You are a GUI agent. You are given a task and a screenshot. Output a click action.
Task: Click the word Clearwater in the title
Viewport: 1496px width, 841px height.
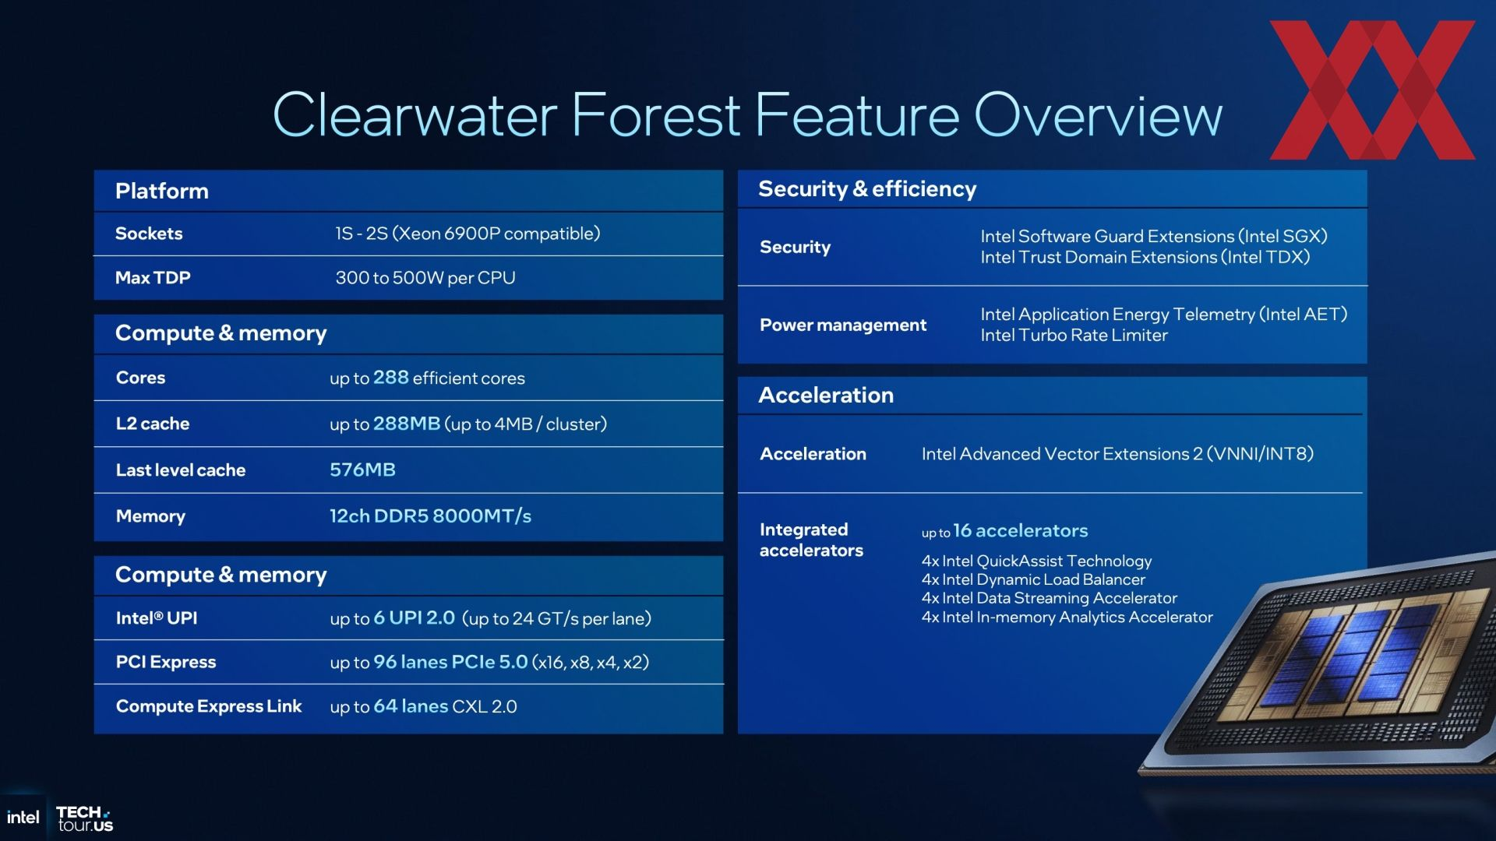(x=415, y=115)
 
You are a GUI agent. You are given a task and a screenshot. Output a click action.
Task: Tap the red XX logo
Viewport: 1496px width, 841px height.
(x=1372, y=90)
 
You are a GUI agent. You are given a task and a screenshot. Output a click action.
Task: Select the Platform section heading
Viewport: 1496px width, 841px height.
(x=162, y=192)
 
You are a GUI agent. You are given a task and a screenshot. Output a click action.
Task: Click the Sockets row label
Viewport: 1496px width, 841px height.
(x=149, y=234)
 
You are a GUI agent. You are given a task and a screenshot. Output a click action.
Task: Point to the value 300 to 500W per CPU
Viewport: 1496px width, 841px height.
(x=425, y=278)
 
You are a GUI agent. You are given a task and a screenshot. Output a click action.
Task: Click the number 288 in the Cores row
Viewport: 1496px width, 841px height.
(x=391, y=378)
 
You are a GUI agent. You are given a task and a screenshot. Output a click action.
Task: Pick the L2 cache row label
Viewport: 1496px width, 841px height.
(x=153, y=424)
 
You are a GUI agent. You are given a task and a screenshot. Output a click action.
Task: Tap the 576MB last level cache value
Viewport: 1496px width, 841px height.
(x=362, y=470)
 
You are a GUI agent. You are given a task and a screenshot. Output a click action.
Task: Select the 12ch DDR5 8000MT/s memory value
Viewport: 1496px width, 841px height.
(x=430, y=516)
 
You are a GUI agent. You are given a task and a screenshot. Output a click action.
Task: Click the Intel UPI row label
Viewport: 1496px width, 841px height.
(x=157, y=618)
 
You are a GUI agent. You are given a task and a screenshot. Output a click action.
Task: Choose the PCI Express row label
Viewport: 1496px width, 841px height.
(x=166, y=662)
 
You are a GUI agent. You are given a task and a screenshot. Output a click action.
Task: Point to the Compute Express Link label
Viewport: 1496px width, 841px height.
(x=209, y=706)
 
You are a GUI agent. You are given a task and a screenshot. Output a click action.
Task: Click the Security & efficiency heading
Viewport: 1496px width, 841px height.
(x=867, y=189)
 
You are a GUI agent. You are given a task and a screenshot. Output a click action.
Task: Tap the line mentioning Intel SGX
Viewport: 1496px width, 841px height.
(x=1154, y=236)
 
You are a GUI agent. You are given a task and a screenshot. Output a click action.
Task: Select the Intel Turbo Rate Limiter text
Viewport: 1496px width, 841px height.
(x=1074, y=335)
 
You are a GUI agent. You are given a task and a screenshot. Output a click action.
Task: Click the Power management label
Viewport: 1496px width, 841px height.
(x=843, y=325)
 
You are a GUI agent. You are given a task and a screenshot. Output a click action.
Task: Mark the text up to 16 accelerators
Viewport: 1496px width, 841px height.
(x=1005, y=531)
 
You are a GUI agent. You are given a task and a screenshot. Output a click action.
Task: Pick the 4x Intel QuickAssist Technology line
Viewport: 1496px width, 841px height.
(x=1036, y=561)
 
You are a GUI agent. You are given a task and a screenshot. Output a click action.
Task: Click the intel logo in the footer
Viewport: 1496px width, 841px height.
(x=23, y=817)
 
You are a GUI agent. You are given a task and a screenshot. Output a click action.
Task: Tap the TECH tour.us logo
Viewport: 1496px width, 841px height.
(x=85, y=818)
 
